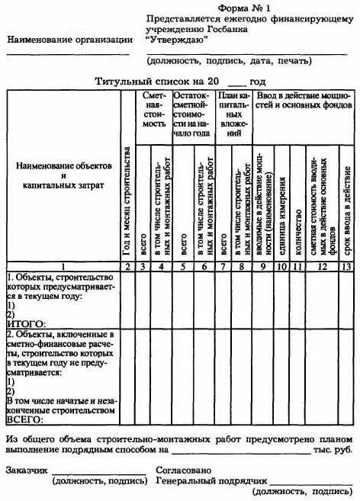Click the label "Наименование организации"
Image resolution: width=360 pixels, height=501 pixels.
pyautogui.click(x=69, y=38)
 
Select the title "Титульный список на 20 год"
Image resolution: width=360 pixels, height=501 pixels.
pyautogui.click(x=180, y=81)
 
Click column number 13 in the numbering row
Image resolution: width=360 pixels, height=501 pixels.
pyautogui.click(x=347, y=265)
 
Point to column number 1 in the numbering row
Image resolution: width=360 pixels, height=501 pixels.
pyautogui.click(x=60, y=265)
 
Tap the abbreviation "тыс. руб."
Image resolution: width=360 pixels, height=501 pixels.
pyautogui.click(x=333, y=451)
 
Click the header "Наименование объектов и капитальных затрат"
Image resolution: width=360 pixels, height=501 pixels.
pyautogui.click(x=61, y=175)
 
